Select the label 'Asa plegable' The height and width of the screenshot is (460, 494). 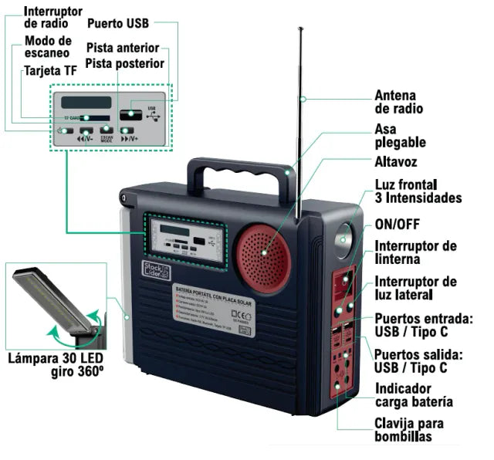coord(400,136)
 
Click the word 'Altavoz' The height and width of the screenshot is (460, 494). coord(396,162)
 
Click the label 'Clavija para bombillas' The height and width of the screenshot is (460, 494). coord(409,430)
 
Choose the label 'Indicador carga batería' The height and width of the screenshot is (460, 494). coord(413,395)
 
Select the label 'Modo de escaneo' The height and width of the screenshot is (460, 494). coord(47,46)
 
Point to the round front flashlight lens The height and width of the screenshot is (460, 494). coord(345,240)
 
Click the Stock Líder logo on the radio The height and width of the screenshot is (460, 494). coord(151,267)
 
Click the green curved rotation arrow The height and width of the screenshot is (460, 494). coord(76,330)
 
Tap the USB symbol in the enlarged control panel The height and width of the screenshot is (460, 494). coord(151,113)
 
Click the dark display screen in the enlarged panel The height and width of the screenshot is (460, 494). coord(86,102)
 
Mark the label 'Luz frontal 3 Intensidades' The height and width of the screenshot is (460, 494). coord(418,191)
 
